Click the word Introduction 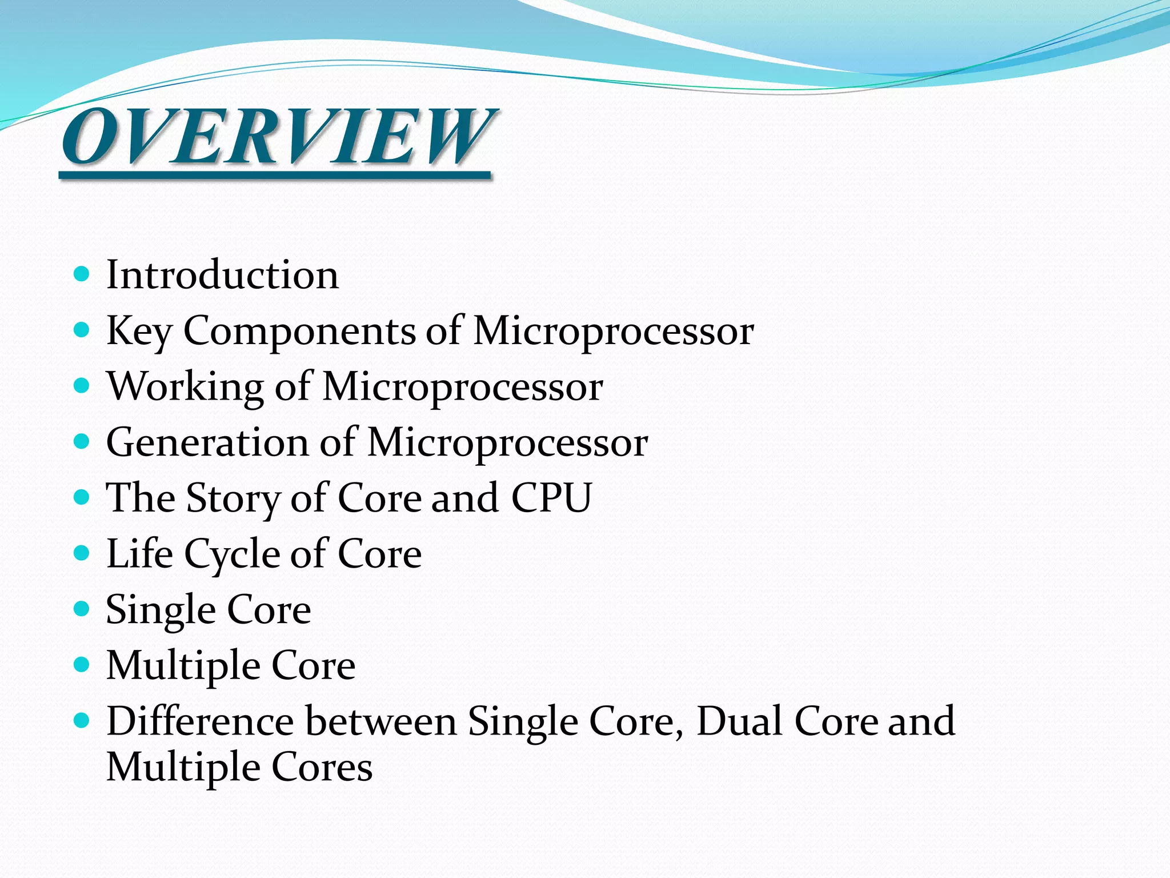coord(223,275)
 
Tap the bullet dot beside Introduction coord(82,274)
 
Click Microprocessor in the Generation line coord(507,444)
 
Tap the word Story coord(233,498)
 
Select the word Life coord(139,553)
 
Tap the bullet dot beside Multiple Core coord(82,664)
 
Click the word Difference coord(200,721)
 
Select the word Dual coord(740,721)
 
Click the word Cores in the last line coord(322,767)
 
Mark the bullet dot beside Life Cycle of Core coord(82,553)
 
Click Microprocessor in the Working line coord(463,388)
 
